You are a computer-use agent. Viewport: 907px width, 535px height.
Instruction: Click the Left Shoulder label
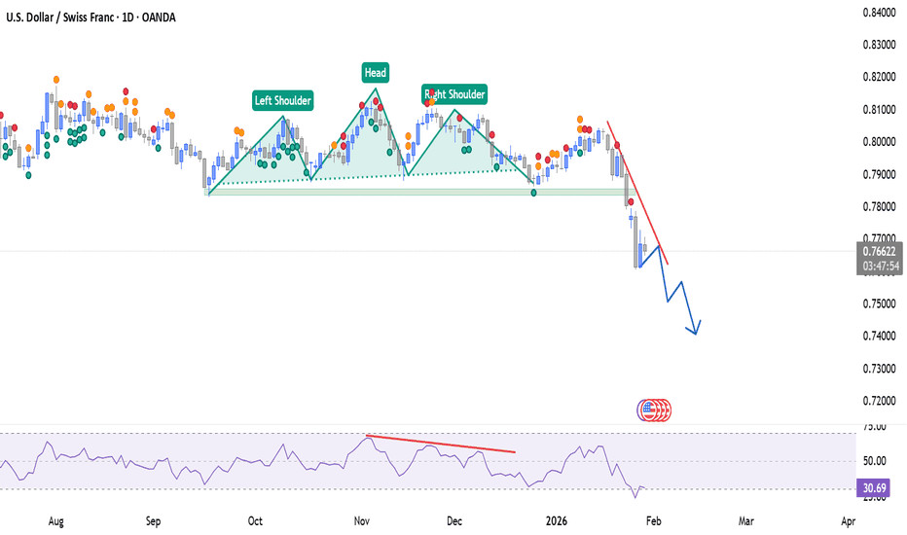(283, 99)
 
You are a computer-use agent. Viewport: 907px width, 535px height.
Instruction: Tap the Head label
(375, 72)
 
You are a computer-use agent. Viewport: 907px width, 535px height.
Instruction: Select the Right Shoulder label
(453, 93)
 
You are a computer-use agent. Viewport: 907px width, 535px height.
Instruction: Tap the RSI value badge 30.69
(878, 488)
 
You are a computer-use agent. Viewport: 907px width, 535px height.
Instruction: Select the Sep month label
(153, 521)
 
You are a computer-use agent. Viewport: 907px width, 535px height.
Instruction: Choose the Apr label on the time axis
(848, 521)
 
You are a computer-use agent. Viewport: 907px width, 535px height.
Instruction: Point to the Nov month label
(360, 521)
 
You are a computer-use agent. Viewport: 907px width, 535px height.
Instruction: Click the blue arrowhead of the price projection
(696, 331)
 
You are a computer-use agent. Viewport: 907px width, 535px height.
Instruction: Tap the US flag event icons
(654, 410)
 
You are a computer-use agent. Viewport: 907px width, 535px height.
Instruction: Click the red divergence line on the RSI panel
(438, 444)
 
